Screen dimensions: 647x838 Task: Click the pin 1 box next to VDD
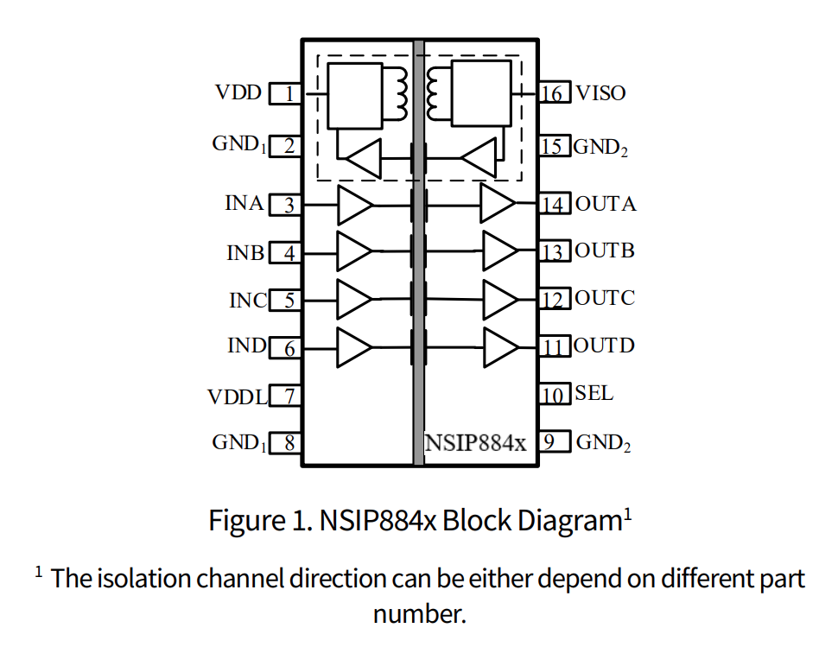point(286,93)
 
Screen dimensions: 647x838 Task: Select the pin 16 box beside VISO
point(554,93)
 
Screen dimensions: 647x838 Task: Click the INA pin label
point(244,204)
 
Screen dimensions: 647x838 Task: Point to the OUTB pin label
point(605,251)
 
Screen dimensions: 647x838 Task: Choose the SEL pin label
point(594,393)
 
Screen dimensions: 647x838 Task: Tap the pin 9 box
point(554,443)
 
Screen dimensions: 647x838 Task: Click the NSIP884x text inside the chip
point(476,443)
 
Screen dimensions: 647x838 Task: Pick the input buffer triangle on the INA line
point(354,206)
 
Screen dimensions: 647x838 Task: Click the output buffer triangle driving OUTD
point(501,348)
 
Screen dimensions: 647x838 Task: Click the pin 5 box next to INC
point(286,301)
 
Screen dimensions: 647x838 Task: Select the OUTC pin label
point(605,298)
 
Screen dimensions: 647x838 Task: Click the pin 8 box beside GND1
point(286,444)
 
